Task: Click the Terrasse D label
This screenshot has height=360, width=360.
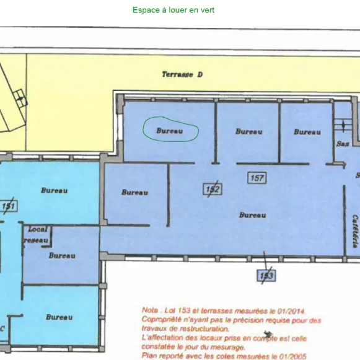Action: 183,75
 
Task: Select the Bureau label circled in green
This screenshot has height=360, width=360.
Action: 170,131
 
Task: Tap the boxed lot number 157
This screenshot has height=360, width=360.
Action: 257,178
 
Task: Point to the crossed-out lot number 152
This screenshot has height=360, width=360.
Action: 213,189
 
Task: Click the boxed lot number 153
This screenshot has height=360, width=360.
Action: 266,274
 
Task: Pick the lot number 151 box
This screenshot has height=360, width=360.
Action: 8,206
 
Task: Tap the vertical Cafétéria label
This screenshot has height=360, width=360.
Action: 355,230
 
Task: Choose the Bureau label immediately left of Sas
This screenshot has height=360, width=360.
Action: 307,132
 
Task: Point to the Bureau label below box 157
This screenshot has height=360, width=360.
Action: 252,215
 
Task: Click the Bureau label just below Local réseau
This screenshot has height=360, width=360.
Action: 62,255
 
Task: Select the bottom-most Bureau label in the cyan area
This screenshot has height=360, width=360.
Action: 59,317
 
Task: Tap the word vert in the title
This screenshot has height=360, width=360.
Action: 206,11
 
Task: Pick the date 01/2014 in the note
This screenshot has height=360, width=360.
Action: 290,310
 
